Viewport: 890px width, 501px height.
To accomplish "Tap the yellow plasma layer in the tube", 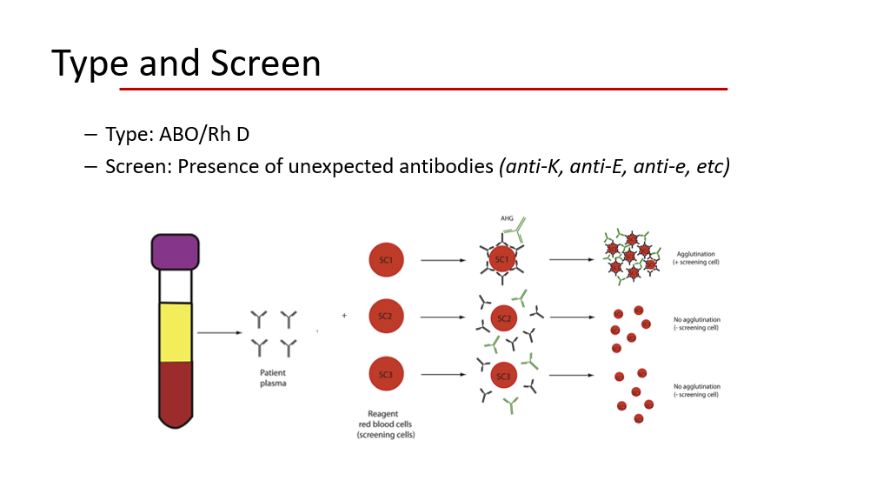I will tap(176, 331).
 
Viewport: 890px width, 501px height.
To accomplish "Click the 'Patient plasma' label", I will tap(273, 377).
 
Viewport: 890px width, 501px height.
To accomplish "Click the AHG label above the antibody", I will tap(507, 218).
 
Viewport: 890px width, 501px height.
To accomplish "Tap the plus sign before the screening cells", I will tap(344, 316).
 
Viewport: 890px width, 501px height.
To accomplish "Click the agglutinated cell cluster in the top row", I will tap(630, 257).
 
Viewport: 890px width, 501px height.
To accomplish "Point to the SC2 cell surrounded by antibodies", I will tap(503, 318).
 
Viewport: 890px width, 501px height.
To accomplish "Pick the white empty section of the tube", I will tap(176, 285).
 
